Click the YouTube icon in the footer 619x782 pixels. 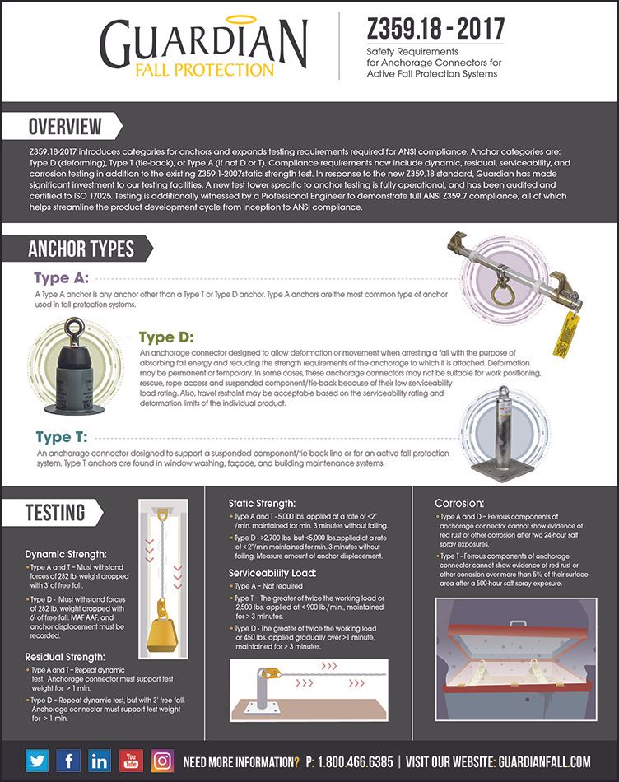point(131,761)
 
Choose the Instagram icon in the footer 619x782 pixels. point(163,761)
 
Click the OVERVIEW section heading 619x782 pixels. point(65,126)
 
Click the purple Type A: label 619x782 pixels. point(61,277)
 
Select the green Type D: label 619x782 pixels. point(165,337)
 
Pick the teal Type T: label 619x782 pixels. point(62,437)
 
